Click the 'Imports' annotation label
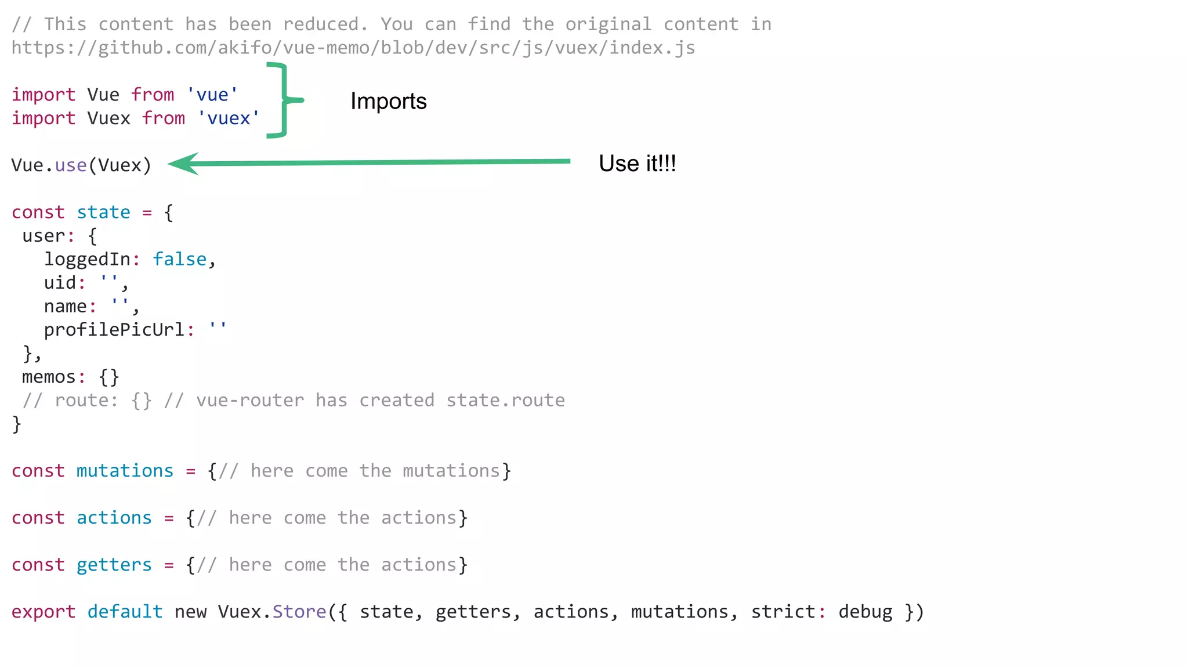[x=388, y=101]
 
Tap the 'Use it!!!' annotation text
[x=637, y=164]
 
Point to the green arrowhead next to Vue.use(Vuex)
[x=184, y=164]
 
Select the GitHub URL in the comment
[x=353, y=48]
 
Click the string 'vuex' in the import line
[x=229, y=118]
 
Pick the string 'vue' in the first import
[x=212, y=95]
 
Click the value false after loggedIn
[x=179, y=259]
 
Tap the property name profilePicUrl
[x=114, y=330]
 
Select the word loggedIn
[x=87, y=259]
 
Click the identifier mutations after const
[x=125, y=471]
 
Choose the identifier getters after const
[x=114, y=565]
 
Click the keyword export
[x=44, y=612]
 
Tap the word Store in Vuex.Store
[x=299, y=612]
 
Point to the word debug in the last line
[x=865, y=612]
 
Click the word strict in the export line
[x=783, y=612]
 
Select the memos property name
[x=49, y=377]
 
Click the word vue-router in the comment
[x=250, y=400]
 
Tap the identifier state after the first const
[x=103, y=212]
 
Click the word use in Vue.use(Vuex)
[x=71, y=165]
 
